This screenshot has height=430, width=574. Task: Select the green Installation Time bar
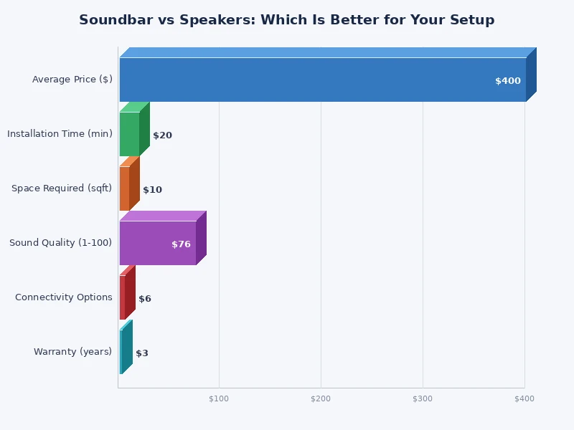click(130, 134)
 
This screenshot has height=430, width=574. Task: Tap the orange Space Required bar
click(125, 188)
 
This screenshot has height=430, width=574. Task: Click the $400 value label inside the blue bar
click(507, 81)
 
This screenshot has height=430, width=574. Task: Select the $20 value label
click(162, 135)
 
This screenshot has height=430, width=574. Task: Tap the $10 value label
click(152, 190)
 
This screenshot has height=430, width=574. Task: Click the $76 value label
click(181, 244)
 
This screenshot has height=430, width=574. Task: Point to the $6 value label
click(145, 299)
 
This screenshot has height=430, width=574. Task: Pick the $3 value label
click(142, 353)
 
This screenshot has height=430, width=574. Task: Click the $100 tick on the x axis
click(219, 398)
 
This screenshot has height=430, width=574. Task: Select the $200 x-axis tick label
click(321, 398)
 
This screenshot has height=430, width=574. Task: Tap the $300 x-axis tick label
click(423, 398)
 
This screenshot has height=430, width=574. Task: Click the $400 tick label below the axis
click(524, 398)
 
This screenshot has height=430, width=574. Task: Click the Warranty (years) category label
click(72, 352)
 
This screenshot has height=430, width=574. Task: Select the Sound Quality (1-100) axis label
click(60, 243)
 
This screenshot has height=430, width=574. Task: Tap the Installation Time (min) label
click(60, 134)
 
